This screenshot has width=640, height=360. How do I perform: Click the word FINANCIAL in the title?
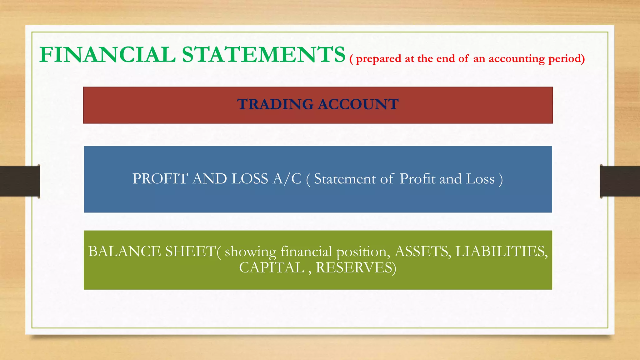tap(107, 55)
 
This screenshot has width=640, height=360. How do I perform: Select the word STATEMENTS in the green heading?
tap(263, 55)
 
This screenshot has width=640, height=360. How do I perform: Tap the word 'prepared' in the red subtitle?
tap(378, 59)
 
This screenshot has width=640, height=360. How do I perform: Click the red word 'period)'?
tap(567, 59)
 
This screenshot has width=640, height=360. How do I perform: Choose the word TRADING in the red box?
tap(275, 104)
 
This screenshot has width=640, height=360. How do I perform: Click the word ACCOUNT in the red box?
tap(358, 104)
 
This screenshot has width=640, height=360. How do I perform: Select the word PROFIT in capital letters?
tap(160, 179)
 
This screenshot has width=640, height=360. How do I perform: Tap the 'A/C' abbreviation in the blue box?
tap(287, 179)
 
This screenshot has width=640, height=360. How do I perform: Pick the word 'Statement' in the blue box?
tap(345, 179)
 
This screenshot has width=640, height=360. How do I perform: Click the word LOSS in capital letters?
tap(250, 179)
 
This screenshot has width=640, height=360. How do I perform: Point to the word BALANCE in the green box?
tap(124, 252)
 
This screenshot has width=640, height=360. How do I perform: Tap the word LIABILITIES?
tap(501, 252)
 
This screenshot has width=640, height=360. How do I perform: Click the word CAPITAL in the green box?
tap(272, 268)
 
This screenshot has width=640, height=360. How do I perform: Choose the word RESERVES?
tap(356, 268)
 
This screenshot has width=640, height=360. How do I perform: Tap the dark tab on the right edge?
tap(620, 181)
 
